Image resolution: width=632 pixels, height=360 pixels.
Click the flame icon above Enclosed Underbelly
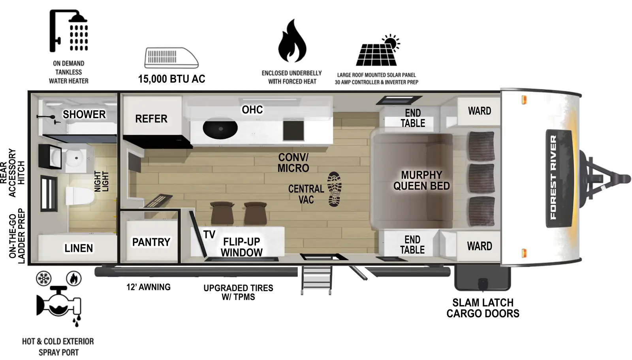pos(292,41)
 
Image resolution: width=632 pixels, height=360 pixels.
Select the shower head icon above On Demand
pos(69,31)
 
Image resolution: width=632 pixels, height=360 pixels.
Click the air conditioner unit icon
pos(171,58)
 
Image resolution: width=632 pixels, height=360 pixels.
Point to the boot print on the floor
pos(335,189)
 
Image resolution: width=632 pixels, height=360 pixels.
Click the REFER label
pos(151,119)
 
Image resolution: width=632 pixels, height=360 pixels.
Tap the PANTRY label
pos(151,242)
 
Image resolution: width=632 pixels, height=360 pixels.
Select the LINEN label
pos(79,248)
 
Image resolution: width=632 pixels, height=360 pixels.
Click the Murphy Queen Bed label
pos(421,181)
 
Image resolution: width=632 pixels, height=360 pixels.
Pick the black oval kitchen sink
pos(220,128)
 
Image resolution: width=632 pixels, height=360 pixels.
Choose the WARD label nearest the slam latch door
pos(480,246)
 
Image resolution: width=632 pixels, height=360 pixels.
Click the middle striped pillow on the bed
pos(481,178)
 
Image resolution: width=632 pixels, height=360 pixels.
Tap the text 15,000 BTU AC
pos(171,79)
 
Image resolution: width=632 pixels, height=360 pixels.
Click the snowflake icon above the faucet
pos(43,279)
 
